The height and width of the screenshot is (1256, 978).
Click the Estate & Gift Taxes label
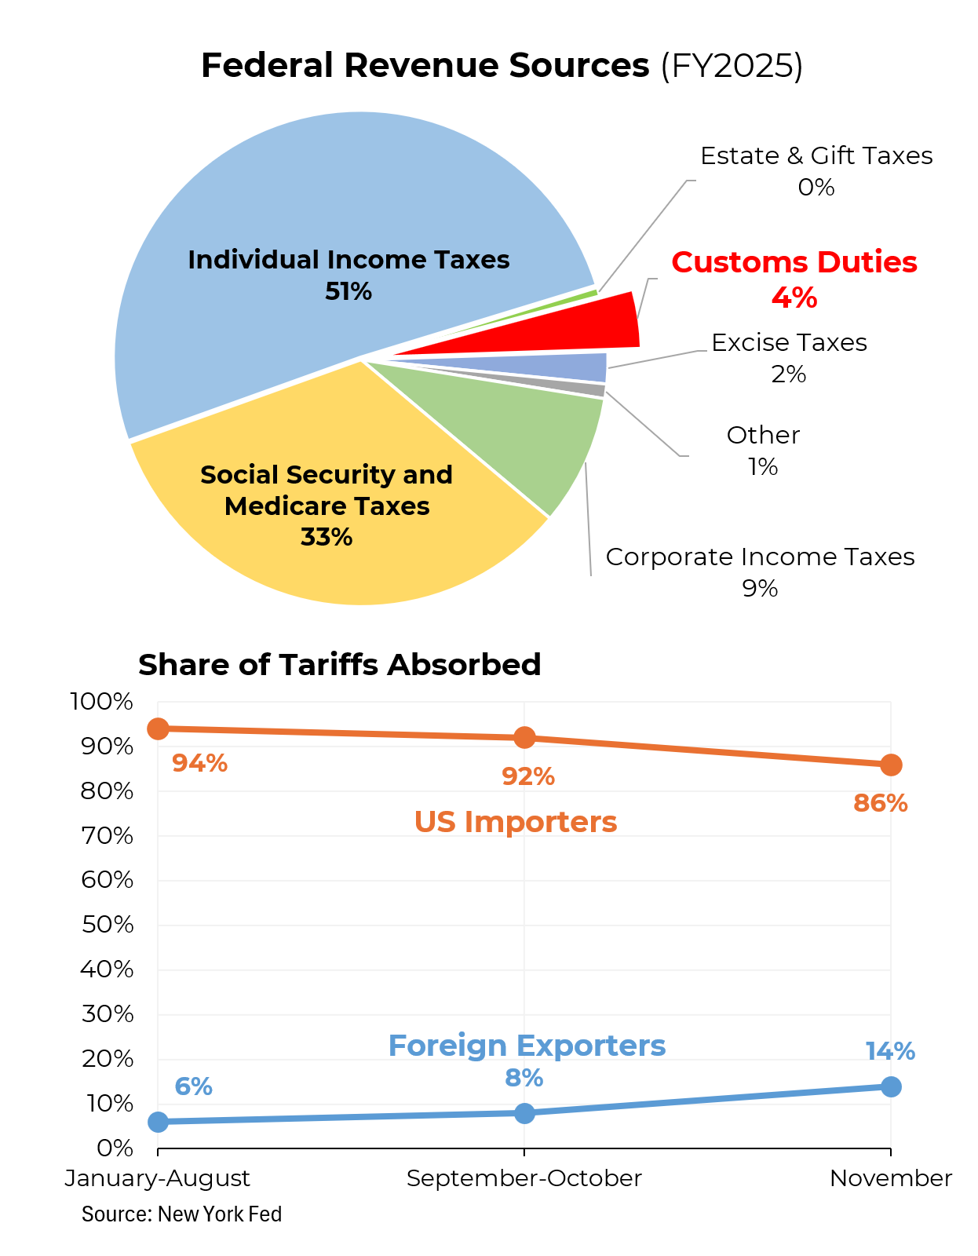pos(816,156)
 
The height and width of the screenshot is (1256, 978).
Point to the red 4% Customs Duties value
pos(794,298)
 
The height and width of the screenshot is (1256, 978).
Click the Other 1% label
pos(763,451)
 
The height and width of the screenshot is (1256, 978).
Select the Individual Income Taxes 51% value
pos(349,292)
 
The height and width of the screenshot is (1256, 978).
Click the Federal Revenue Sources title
pos(502,66)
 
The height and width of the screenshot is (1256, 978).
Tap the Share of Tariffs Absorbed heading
pos(339,665)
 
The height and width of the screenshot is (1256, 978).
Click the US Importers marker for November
pos(891,765)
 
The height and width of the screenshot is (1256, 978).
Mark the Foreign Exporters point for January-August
pos(158,1122)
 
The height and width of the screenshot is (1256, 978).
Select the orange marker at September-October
pos(524,738)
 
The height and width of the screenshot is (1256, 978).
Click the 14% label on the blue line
pos(890,1052)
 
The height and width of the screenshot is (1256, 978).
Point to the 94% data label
pos(199,763)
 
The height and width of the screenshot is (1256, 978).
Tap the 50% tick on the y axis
pos(108,925)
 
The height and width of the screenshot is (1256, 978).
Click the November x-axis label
pos(891,1178)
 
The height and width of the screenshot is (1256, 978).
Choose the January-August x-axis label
pos(158,1178)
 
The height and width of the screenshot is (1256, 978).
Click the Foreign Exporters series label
pos(527,1046)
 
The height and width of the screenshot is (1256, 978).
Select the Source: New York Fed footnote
pos(181,1214)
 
